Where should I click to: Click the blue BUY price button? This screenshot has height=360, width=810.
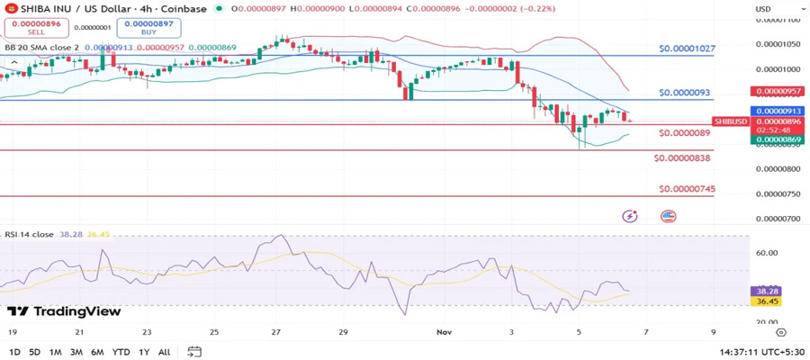[x=148, y=28]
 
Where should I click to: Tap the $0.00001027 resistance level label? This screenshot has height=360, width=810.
[x=687, y=49]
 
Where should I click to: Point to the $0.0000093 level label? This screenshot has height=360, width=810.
[x=684, y=93]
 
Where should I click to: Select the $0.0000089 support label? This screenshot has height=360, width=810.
[x=685, y=133]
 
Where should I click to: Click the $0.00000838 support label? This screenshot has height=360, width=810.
[x=684, y=157]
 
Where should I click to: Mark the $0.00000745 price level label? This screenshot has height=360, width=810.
[x=687, y=189]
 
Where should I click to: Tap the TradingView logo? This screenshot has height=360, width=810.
[x=64, y=311]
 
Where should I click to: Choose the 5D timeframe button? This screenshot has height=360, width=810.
[x=34, y=352]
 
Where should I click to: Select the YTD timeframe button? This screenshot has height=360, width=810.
[x=121, y=352]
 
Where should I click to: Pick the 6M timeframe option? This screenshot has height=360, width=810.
[x=97, y=352]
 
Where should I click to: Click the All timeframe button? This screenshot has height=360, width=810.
[x=164, y=352]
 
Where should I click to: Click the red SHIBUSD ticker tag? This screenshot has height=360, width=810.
[x=730, y=121]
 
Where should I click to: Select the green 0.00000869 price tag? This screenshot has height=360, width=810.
[x=779, y=139]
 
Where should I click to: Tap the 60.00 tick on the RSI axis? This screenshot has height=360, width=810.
[x=767, y=253]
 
